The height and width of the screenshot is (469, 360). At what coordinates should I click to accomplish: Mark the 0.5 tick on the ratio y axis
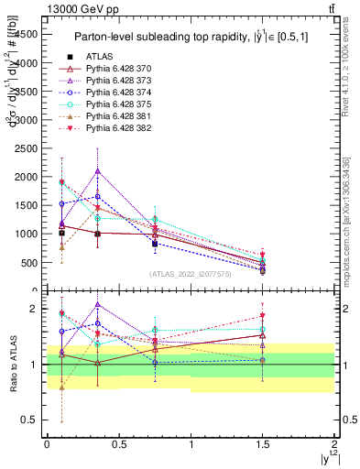click(31, 420)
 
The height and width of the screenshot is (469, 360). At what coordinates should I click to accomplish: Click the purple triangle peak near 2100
click(97, 170)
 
